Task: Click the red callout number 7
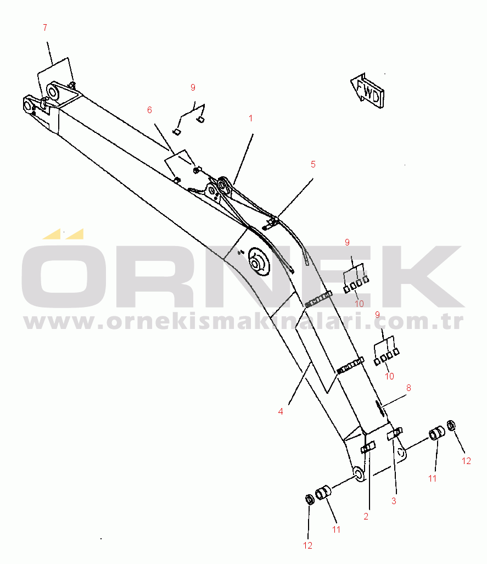click(x=45, y=27)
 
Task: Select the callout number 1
click(x=251, y=118)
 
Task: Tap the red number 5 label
click(x=313, y=164)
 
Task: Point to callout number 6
click(x=150, y=110)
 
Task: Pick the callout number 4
click(x=281, y=411)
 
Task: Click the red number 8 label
click(x=408, y=388)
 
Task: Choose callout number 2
click(x=366, y=517)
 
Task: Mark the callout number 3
click(x=394, y=501)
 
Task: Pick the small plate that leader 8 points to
click(x=379, y=407)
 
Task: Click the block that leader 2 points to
click(x=368, y=448)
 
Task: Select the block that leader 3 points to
click(x=395, y=433)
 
